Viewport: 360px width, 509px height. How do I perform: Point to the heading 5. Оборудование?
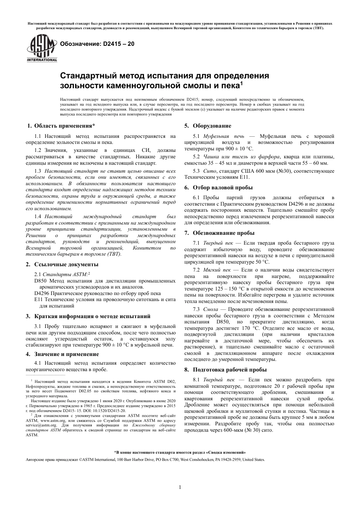coord(208,126)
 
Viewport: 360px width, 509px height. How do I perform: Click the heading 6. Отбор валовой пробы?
coord(218,187)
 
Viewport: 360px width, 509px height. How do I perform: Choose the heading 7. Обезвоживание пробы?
coord(219,233)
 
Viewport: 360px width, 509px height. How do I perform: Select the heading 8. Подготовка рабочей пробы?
coord(225,369)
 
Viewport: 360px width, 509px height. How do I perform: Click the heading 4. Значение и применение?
coord(63,354)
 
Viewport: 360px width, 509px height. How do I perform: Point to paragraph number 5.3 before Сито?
coord(196,171)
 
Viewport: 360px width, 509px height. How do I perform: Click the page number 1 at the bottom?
coord(180,487)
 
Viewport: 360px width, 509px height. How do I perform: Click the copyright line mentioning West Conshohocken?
coord(145,459)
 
